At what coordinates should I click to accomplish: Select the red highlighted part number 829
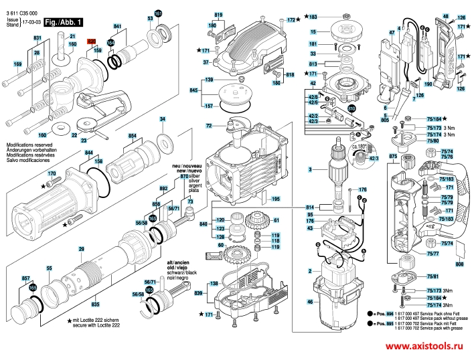click(92, 41)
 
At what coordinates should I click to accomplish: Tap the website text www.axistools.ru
click(424, 346)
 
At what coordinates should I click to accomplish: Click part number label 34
click(161, 119)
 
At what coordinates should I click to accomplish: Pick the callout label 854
click(132, 137)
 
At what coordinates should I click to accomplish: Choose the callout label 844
click(88, 153)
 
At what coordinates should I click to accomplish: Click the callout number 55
click(49, 268)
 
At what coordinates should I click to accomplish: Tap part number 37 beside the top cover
click(207, 62)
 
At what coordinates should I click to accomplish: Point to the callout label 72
click(209, 125)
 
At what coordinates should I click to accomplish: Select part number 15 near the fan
click(313, 31)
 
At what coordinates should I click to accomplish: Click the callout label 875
click(393, 156)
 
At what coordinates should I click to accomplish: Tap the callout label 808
click(459, 264)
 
